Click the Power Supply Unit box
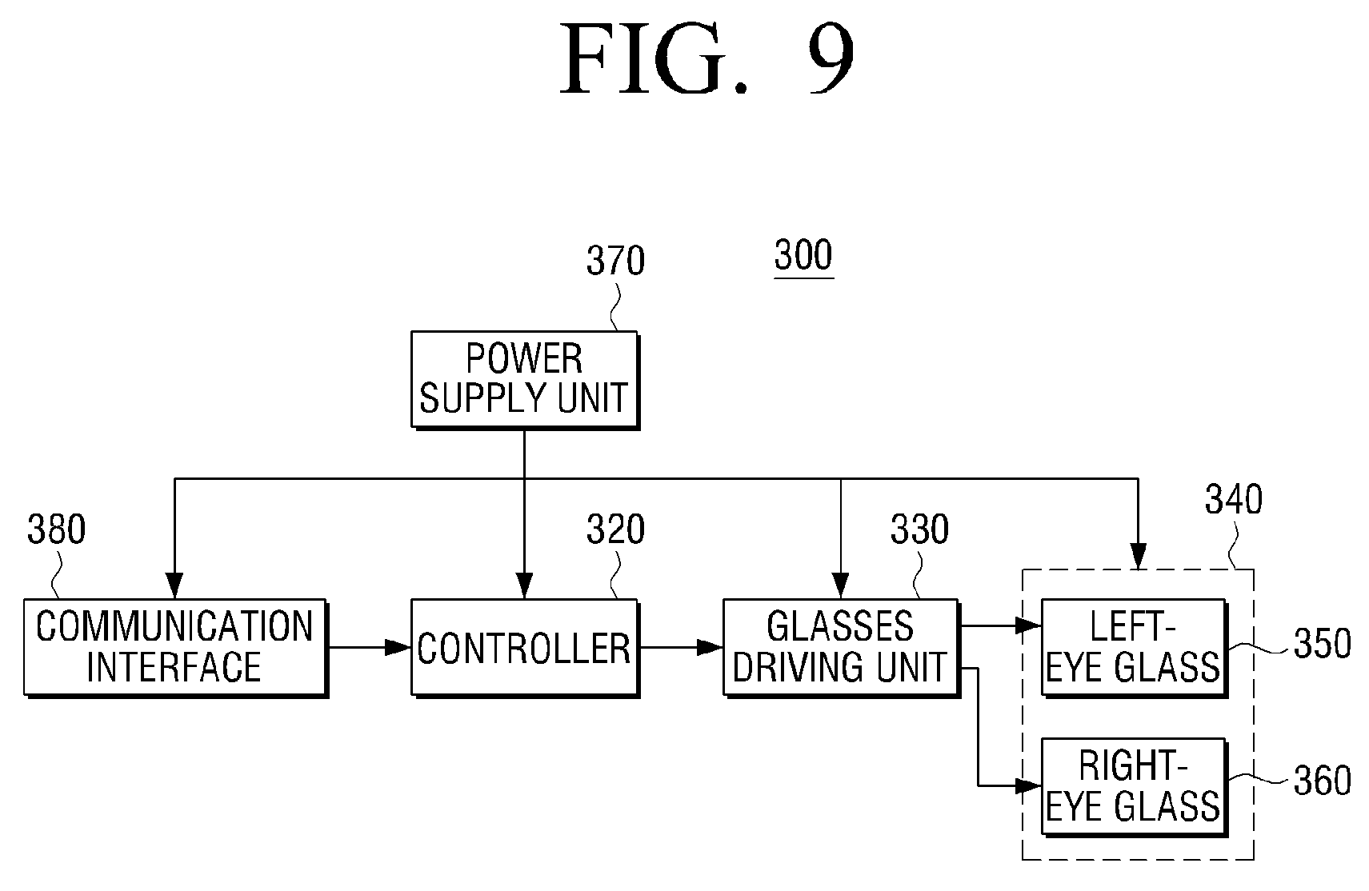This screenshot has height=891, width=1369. (524, 379)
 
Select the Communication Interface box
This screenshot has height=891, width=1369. (174, 646)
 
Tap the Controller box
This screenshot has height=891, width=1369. (524, 646)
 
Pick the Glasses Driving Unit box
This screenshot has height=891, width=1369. (839, 646)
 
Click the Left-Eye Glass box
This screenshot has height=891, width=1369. (1133, 646)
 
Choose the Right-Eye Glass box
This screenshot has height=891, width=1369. (1133, 786)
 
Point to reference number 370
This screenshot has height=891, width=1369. (615, 262)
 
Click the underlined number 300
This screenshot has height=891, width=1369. (803, 256)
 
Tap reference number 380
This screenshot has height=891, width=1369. (56, 529)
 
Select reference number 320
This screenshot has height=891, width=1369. (615, 529)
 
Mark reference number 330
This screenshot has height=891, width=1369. (919, 529)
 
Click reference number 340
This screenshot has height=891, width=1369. (1233, 500)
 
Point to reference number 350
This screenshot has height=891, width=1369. (1322, 644)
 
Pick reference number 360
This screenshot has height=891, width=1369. (1322, 781)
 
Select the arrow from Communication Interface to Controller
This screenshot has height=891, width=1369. (369, 647)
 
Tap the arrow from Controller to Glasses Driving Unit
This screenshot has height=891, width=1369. (681, 647)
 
